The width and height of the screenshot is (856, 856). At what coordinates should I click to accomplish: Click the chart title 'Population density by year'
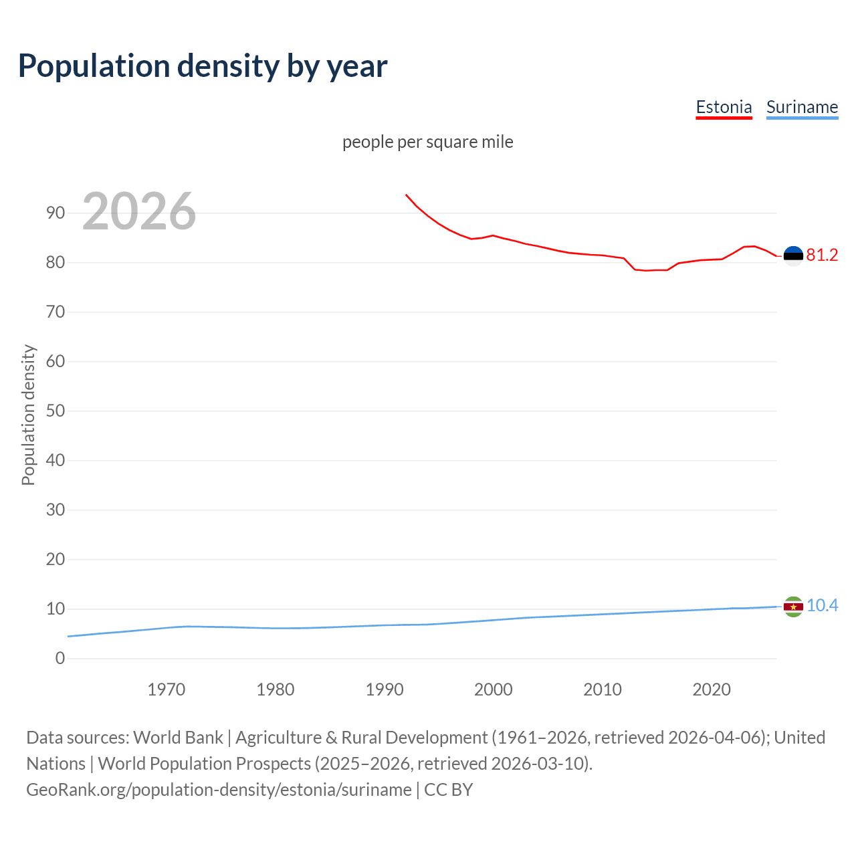click(x=203, y=66)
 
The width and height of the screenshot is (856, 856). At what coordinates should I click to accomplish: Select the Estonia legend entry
click(x=724, y=107)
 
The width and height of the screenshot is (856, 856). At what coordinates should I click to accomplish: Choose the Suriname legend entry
click(x=802, y=107)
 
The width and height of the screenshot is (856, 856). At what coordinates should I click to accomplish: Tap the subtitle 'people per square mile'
click(x=427, y=142)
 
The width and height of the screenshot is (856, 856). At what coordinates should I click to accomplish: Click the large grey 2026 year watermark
click(x=139, y=211)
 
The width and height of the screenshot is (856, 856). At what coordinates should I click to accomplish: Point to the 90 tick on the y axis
click(x=56, y=213)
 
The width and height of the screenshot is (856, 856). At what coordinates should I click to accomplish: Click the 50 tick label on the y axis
click(x=56, y=411)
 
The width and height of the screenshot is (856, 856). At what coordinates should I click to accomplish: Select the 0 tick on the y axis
click(x=60, y=658)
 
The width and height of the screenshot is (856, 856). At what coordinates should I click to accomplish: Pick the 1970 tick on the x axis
click(x=166, y=689)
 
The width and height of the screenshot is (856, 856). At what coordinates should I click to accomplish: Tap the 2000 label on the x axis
click(x=493, y=689)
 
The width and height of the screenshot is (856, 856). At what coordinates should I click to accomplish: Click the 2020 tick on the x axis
click(x=711, y=689)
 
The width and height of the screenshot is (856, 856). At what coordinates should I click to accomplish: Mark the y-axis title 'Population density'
click(x=28, y=415)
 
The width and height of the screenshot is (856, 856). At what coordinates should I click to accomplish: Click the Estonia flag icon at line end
click(x=793, y=255)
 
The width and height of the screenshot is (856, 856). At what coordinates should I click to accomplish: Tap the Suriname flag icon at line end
click(x=793, y=607)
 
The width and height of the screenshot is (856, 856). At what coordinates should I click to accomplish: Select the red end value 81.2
click(x=822, y=255)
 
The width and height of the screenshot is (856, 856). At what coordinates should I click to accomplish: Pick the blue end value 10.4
click(x=822, y=605)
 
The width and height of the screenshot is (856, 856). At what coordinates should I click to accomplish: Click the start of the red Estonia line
click(x=406, y=195)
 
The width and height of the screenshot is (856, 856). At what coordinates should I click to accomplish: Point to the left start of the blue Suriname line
click(x=69, y=636)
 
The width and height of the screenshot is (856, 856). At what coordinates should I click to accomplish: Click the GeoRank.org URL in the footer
click(x=219, y=790)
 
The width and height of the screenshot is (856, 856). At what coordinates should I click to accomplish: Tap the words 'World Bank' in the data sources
click(x=178, y=738)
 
